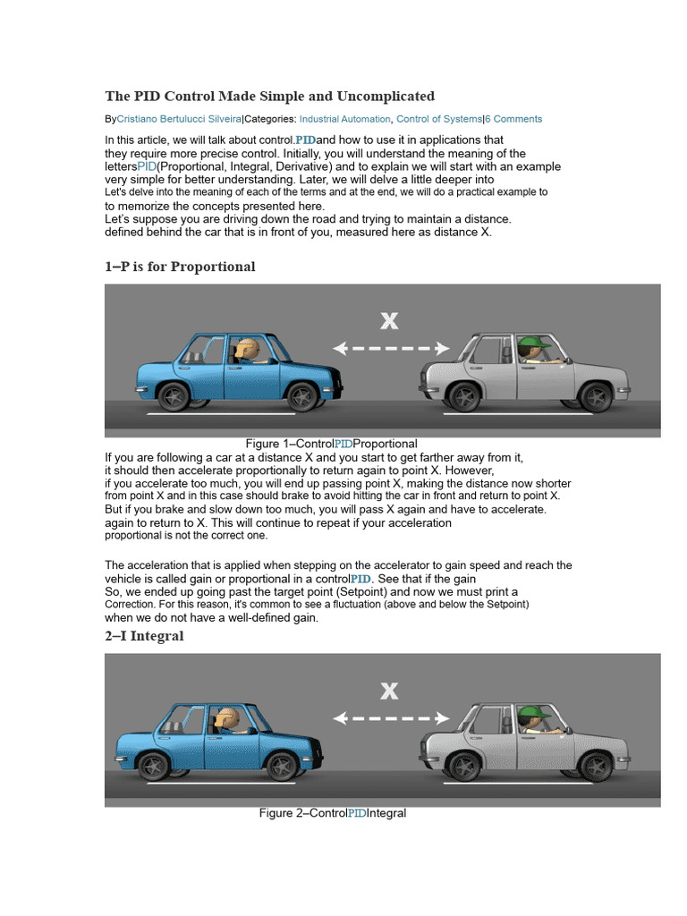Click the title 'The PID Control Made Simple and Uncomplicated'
269,97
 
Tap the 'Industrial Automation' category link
344,119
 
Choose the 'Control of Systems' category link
438,119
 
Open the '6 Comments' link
513,119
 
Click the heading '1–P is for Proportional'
180,267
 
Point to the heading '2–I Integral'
144,636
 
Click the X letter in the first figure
388,321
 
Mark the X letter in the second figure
388,691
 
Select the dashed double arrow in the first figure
390,348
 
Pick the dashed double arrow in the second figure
390,717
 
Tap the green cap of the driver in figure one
534,342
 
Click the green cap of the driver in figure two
530,713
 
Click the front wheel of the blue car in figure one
302,395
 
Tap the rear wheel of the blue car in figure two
154,766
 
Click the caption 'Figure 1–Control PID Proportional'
331,444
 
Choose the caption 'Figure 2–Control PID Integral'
333,813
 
